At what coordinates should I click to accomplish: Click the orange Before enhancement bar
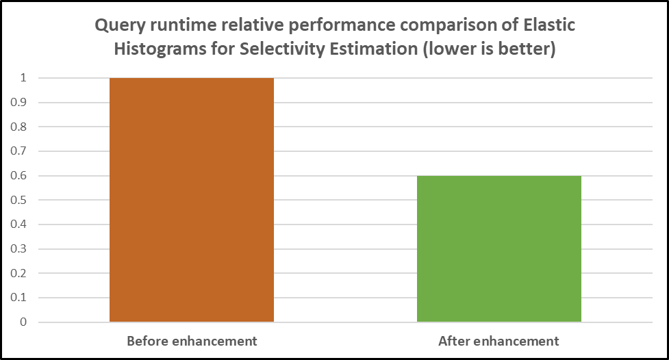click(192, 200)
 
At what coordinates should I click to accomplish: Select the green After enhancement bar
click(499, 249)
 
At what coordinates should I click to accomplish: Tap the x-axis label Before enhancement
click(192, 341)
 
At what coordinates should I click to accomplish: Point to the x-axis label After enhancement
click(499, 341)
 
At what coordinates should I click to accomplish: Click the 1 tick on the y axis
click(23, 78)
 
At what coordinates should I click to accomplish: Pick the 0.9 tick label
click(21, 103)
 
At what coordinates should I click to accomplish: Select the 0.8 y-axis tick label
click(21, 127)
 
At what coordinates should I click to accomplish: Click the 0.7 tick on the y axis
click(21, 151)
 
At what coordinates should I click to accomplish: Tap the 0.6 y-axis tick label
click(21, 176)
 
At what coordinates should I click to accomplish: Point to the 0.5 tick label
click(21, 200)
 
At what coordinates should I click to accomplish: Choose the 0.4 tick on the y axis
click(21, 224)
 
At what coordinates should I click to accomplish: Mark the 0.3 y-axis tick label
click(21, 249)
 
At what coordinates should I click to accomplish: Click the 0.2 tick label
click(21, 273)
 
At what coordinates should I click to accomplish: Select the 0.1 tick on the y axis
click(21, 298)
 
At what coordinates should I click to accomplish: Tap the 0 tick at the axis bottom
click(23, 322)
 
